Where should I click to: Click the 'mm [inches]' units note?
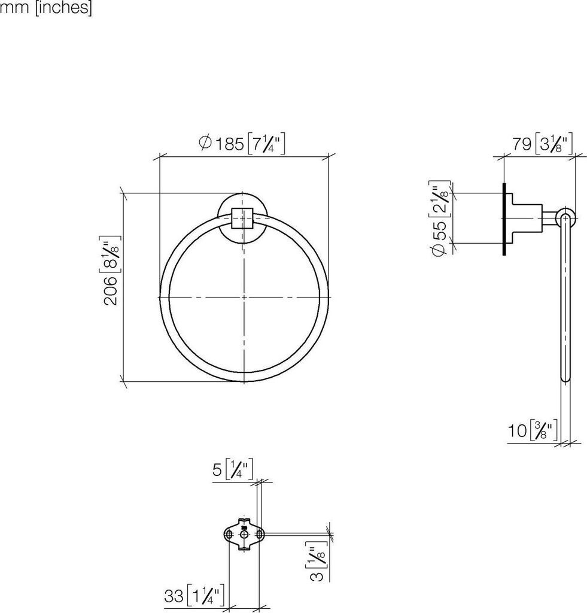pyautogui.click(x=45, y=8)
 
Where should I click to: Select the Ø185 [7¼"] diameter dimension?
pyautogui.click(x=242, y=144)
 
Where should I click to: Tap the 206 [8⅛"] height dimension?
pyautogui.click(x=111, y=271)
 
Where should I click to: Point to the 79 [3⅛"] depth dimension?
pyautogui.click(x=543, y=144)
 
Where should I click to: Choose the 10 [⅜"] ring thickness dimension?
pyautogui.click(x=532, y=430)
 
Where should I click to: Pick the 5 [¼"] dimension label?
pyautogui.click(x=232, y=469)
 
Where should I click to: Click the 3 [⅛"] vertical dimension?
pyautogui.click(x=316, y=562)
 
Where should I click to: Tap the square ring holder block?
pyautogui.click(x=243, y=218)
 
